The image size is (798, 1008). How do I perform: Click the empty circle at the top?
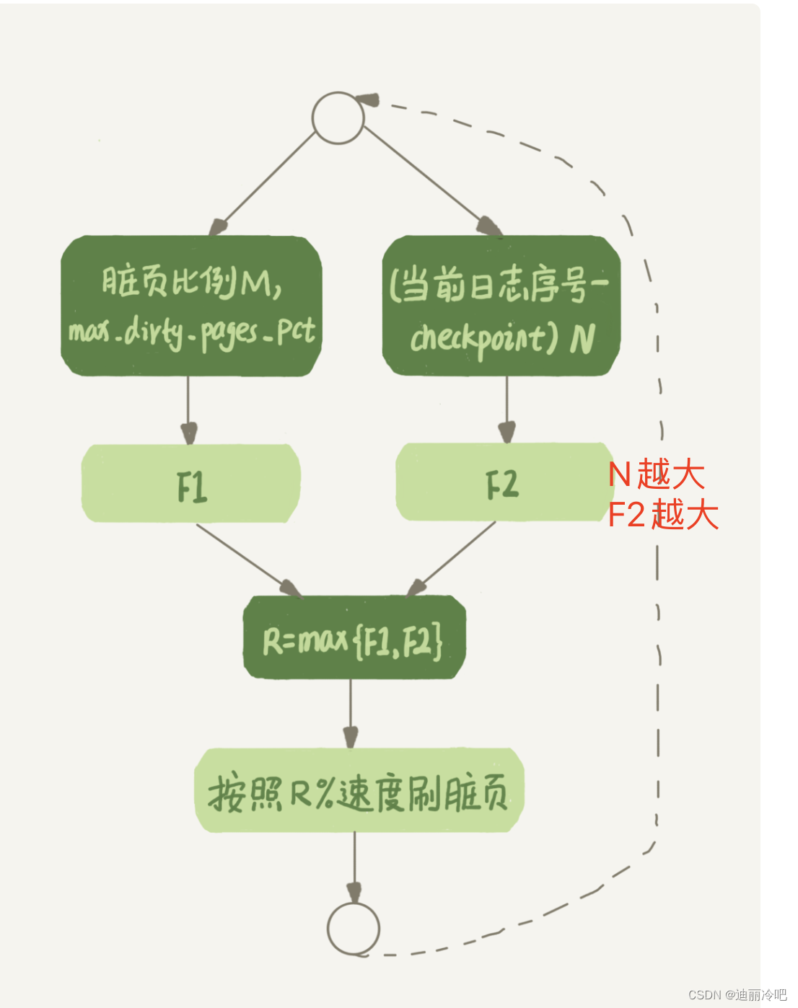pyautogui.click(x=338, y=118)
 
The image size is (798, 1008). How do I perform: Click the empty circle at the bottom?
pyautogui.click(x=353, y=928)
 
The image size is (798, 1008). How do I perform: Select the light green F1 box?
pyautogui.click(x=191, y=484)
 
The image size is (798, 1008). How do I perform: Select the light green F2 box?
pyautogui.click(x=502, y=482)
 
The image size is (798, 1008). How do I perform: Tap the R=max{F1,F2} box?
pyautogui.click(x=354, y=638)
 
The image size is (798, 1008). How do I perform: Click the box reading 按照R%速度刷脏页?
pyautogui.click(x=359, y=791)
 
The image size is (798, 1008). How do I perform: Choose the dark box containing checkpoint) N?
pyautogui.click(x=501, y=306)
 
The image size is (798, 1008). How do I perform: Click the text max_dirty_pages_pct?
pyautogui.click(x=192, y=332)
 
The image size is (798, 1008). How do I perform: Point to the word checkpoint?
pyautogui.click(x=478, y=337)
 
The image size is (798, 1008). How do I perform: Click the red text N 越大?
pyautogui.click(x=656, y=474)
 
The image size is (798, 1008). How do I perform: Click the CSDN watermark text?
pyautogui.click(x=737, y=995)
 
